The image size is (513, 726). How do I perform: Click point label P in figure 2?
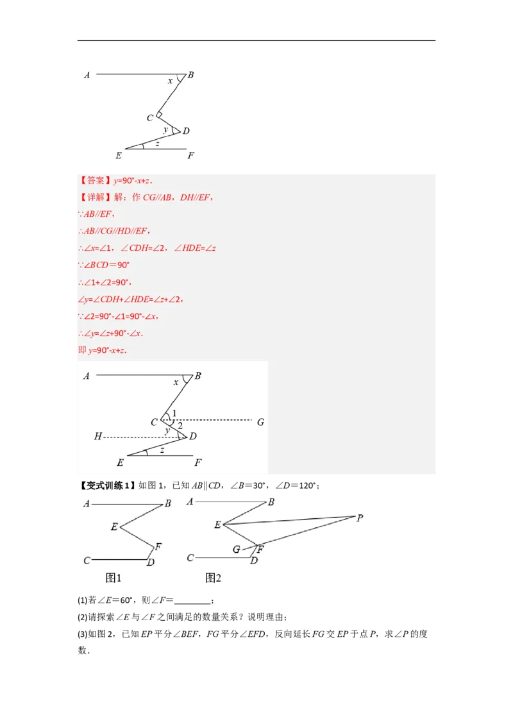coord(360,518)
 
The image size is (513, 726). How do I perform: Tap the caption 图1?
coord(114,578)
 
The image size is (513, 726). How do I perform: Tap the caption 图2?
coord(213,578)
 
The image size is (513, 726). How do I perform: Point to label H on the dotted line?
coord(98,437)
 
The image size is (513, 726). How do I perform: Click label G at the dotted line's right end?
coord(260,422)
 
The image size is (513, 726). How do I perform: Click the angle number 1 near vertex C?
coord(174,413)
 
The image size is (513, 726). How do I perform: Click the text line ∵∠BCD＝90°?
coord(104,265)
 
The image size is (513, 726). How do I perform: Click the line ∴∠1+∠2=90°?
coord(104,282)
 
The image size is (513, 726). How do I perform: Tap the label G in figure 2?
coord(237,550)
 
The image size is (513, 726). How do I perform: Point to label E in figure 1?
coord(114,527)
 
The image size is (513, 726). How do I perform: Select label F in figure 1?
coord(158,546)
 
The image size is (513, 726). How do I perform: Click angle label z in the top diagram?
coord(157,143)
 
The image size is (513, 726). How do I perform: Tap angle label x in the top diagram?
coord(170,81)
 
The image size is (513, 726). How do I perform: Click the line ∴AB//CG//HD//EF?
coord(114,231)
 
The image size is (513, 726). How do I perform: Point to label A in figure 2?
coord(190,501)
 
